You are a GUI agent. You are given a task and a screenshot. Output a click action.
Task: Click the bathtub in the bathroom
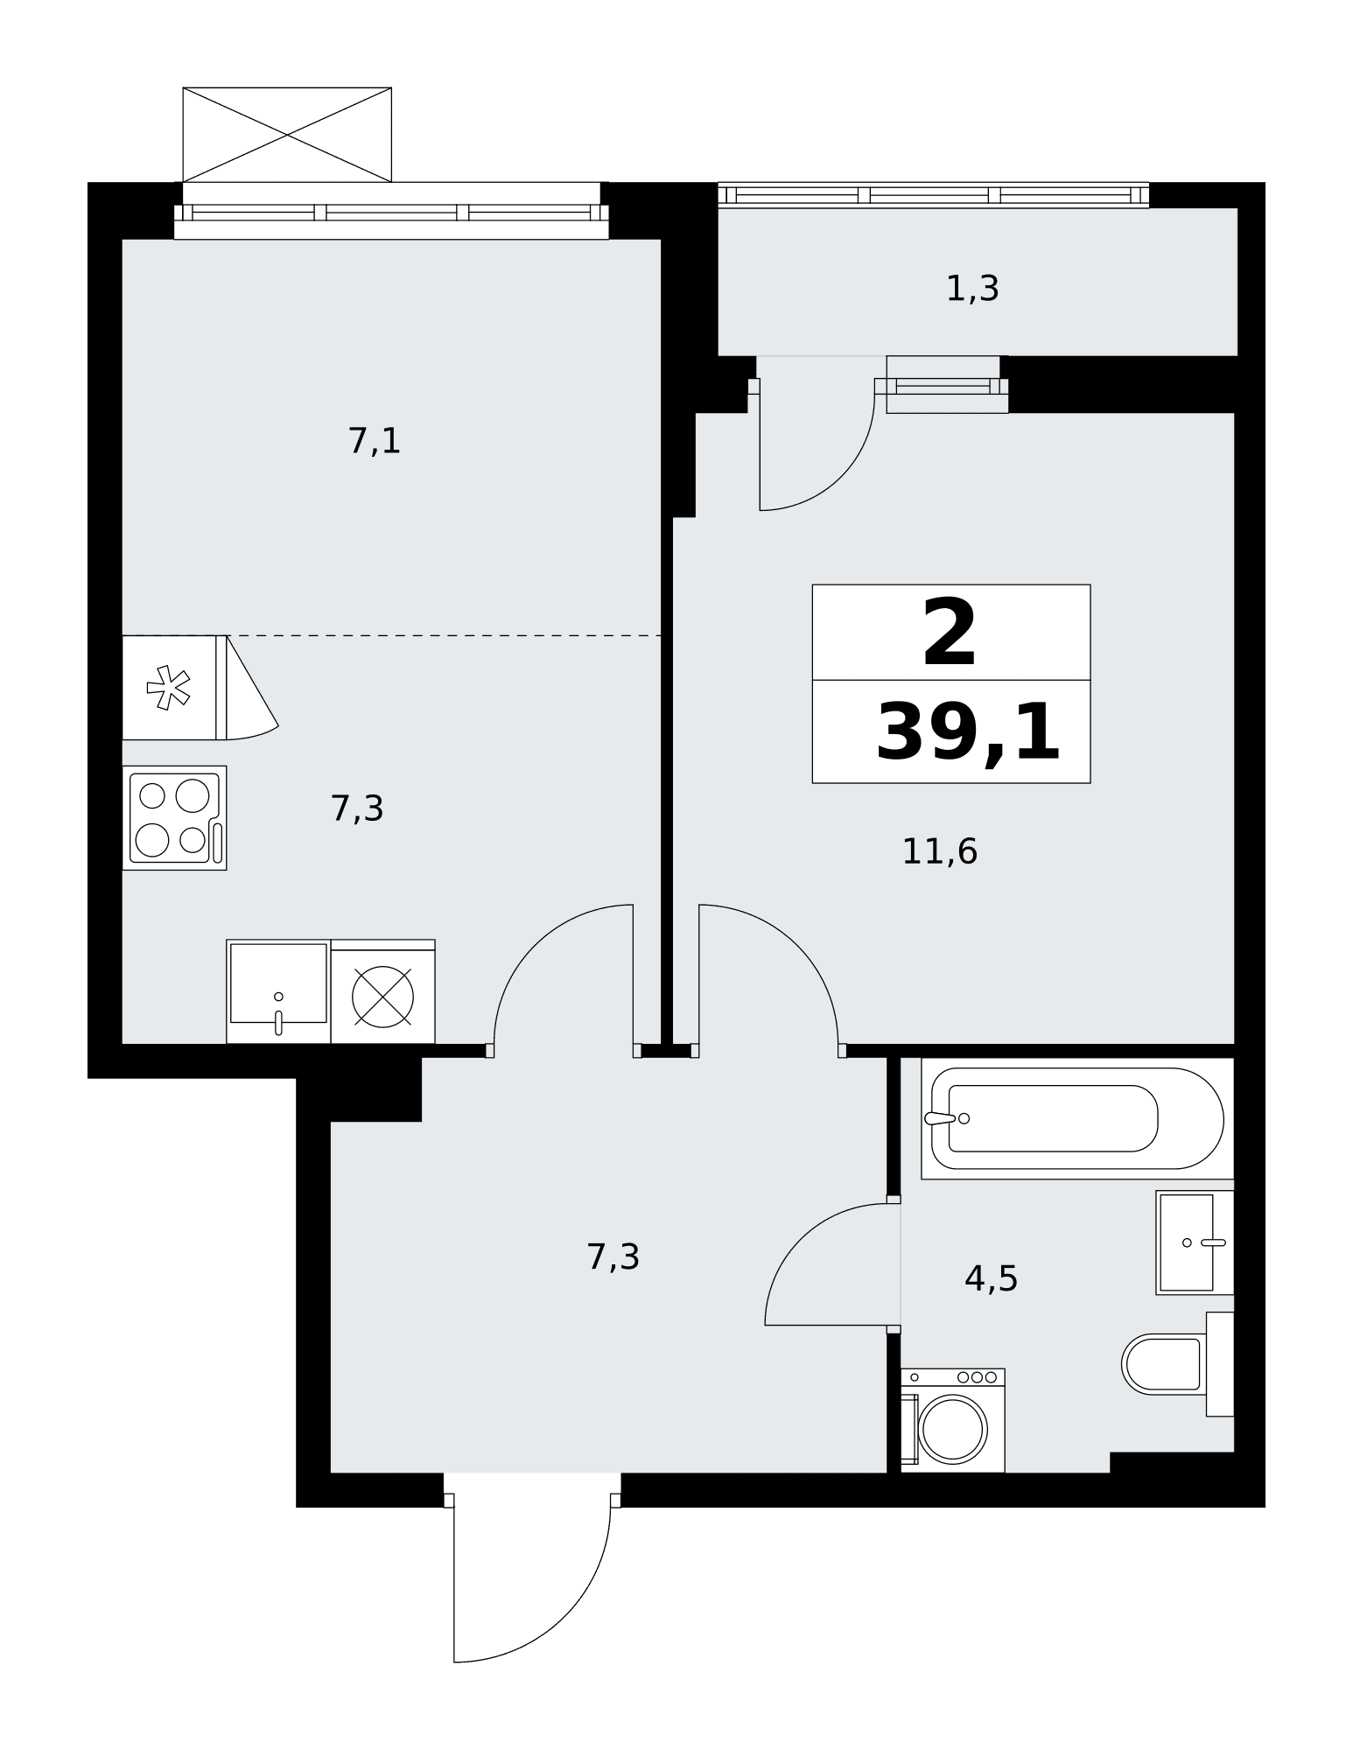(x=1077, y=1118)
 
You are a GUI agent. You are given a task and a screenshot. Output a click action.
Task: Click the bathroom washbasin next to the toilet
(x=1195, y=1242)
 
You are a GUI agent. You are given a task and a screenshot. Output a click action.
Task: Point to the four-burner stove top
(x=174, y=818)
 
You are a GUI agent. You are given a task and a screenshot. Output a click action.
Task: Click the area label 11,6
(x=939, y=851)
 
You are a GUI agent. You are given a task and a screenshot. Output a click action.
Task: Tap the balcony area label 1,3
(x=972, y=289)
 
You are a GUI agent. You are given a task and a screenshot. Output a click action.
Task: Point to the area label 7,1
(x=375, y=441)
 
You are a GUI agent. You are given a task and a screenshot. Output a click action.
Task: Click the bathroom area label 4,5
(x=991, y=1278)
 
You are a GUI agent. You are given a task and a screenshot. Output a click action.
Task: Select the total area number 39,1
(x=968, y=733)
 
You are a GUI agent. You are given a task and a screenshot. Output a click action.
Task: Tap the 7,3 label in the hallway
(x=613, y=1257)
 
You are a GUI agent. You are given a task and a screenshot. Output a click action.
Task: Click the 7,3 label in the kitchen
(x=357, y=808)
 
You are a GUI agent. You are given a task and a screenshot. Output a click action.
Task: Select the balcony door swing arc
(x=840, y=476)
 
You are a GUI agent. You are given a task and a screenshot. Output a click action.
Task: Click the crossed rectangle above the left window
(x=287, y=135)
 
